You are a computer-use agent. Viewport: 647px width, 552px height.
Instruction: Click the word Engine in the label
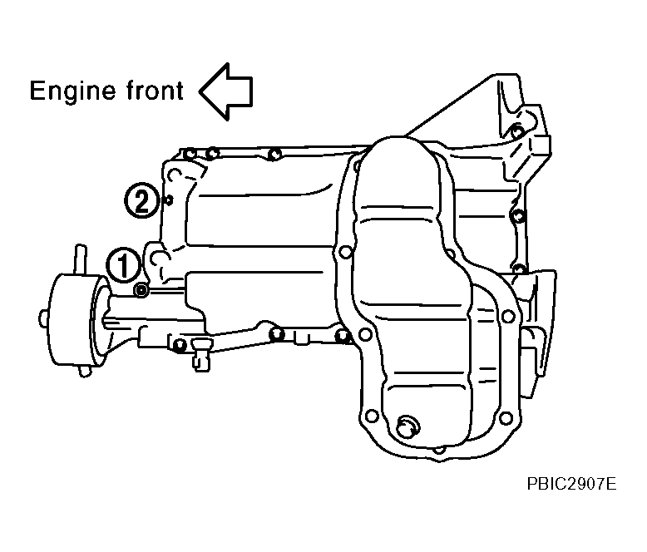click(72, 92)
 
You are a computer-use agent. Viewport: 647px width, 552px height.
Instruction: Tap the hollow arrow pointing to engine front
click(225, 91)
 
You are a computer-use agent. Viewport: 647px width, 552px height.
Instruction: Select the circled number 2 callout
click(141, 200)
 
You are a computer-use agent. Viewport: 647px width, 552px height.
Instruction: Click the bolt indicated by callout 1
click(141, 290)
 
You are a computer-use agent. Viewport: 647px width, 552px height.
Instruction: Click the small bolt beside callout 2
click(168, 200)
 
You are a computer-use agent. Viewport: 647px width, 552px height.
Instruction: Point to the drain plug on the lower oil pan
click(407, 427)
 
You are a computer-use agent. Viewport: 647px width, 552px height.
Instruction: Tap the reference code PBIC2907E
click(571, 484)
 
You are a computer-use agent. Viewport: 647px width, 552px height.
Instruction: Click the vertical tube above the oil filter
click(81, 260)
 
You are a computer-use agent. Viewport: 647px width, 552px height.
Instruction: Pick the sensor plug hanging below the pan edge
click(201, 355)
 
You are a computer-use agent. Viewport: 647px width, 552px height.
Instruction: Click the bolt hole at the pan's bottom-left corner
click(372, 416)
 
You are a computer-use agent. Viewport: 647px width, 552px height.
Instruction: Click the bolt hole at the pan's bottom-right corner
click(506, 417)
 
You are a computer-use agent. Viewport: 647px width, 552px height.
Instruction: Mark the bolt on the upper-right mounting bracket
click(516, 132)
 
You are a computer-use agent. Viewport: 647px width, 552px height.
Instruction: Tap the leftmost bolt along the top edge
click(190, 155)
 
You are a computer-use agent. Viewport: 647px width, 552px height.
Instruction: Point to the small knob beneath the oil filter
click(85, 372)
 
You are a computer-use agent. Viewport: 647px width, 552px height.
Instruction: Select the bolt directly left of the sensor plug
click(179, 344)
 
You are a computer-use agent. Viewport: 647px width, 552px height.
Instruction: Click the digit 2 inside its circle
click(141, 200)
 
